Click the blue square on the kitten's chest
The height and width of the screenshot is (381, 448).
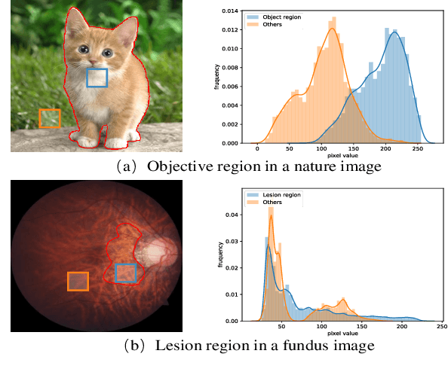click(97, 78)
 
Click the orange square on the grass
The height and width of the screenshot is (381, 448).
click(50, 118)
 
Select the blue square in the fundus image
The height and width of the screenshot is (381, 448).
click(126, 273)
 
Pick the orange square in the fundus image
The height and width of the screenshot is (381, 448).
click(78, 281)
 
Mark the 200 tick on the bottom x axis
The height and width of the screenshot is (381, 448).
click(402, 327)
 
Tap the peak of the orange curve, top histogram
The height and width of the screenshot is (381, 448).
click(331, 28)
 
